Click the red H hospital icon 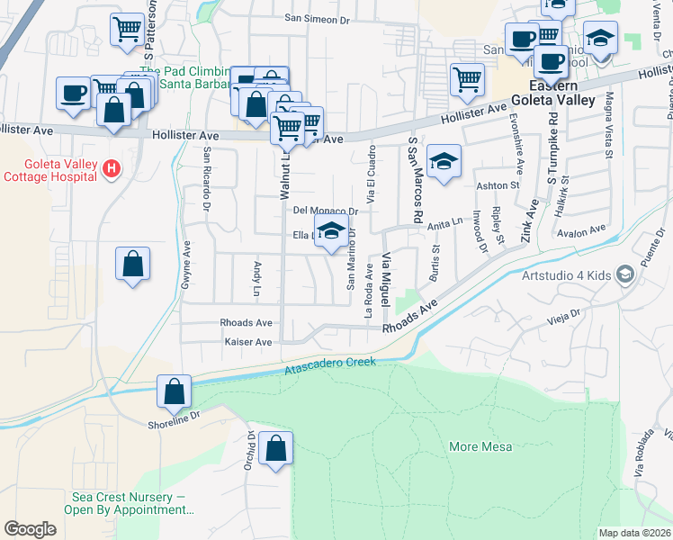[111, 167]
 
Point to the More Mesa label [480, 446]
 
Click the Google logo [30, 529]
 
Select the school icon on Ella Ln [331, 230]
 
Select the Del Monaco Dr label [326, 211]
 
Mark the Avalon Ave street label [582, 231]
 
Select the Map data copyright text [634, 533]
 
